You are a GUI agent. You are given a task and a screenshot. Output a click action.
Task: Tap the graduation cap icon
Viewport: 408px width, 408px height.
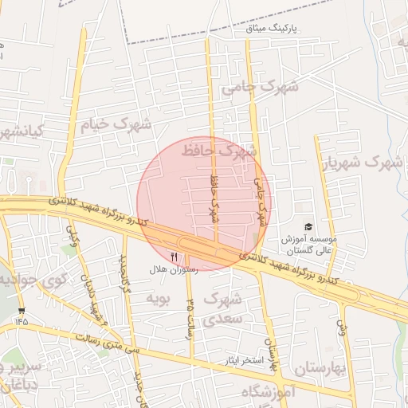[x=308, y=227]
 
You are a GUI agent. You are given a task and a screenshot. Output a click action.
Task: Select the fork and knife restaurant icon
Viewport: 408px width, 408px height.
[x=175, y=257]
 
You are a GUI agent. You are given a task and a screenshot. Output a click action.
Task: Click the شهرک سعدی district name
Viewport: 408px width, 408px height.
[x=220, y=308]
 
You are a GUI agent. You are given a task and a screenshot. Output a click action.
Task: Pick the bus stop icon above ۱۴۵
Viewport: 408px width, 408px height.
[x=21, y=310]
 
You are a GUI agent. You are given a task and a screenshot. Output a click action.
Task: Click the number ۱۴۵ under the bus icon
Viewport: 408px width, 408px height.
[x=21, y=321]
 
